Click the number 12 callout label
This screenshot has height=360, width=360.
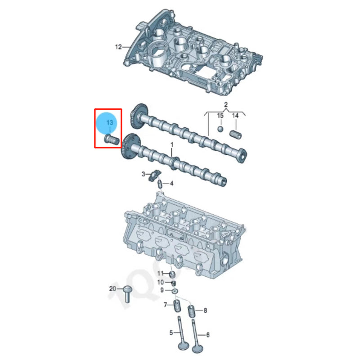point(118,46)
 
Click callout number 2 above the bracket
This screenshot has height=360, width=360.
point(226,105)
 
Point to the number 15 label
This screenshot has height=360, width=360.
point(220,116)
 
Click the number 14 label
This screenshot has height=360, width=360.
point(235,116)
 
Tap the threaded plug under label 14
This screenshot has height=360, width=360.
point(235,134)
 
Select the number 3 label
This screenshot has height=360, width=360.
point(144,174)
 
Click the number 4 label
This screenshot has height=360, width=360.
point(171,183)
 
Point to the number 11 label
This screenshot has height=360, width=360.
point(161,274)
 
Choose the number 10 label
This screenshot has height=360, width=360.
point(161,282)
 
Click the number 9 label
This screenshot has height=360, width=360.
point(162,290)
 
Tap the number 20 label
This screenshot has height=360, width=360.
point(113,288)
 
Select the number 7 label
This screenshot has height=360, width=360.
point(165,305)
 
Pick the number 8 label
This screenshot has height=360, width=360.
point(205,310)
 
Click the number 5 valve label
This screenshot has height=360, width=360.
point(171,333)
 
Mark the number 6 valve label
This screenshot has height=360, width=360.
point(208,335)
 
